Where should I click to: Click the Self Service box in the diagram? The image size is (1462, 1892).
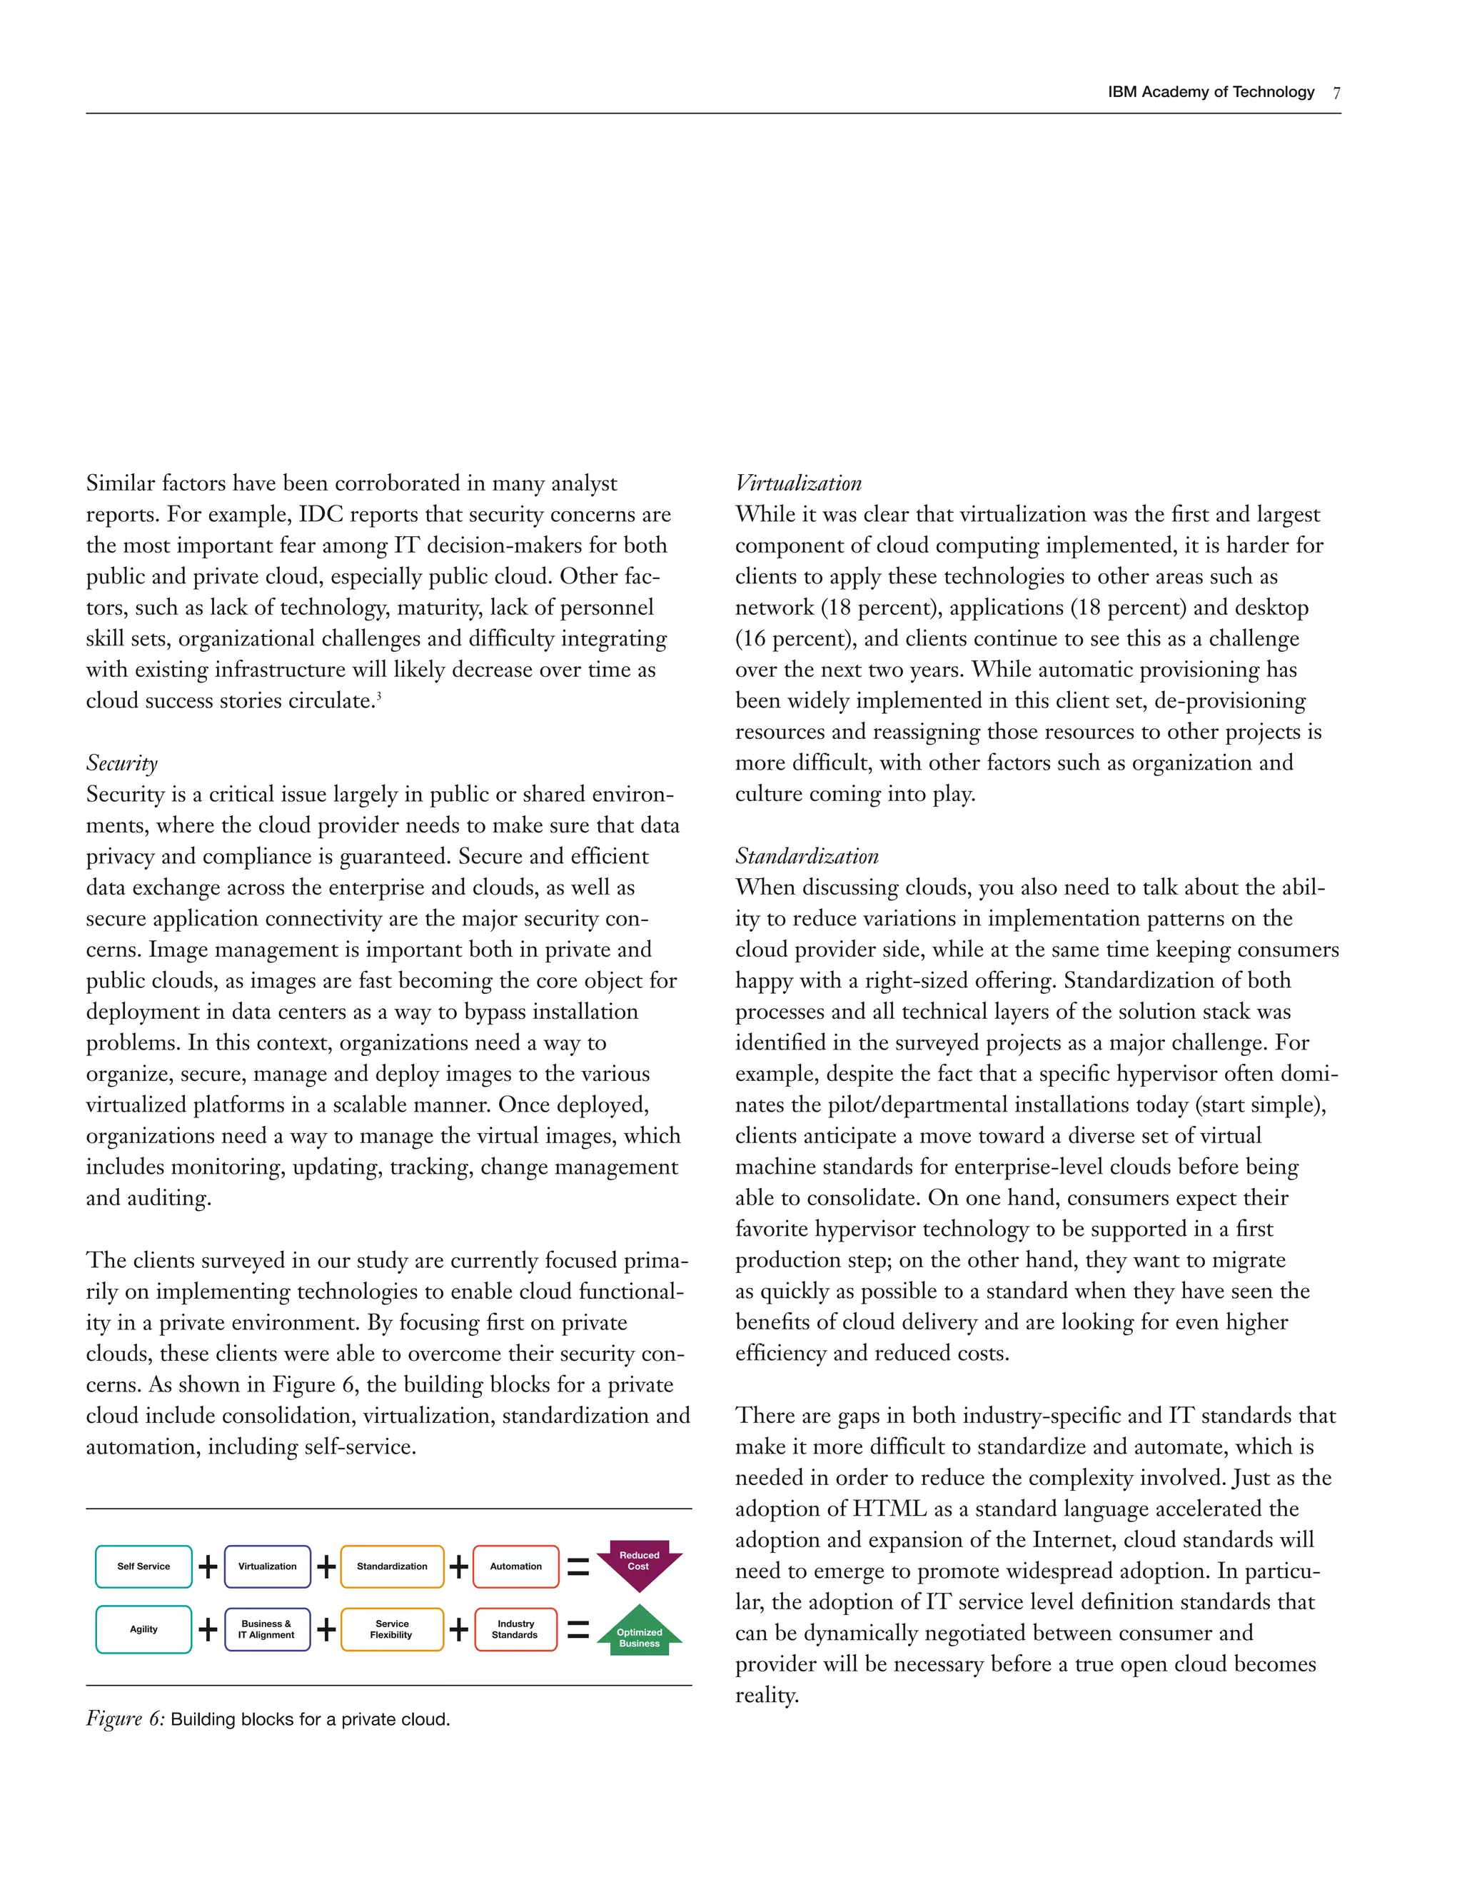click(x=143, y=1566)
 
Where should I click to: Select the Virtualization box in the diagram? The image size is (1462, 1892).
click(x=268, y=1566)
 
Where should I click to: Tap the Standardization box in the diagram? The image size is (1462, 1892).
click(x=393, y=1566)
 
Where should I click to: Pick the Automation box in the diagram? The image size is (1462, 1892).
click(x=516, y=1566)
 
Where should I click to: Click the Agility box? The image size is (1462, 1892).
click(x=143, y=1629)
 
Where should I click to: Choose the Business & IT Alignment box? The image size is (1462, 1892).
click(x=267, y=1629)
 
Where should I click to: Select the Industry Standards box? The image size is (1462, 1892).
click(x=516, y=1629)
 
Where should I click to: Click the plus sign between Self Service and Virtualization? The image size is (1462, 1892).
click(x=208, y=1566)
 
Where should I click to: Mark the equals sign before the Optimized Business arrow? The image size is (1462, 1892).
click(x=578, y=1631)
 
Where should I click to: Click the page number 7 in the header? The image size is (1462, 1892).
click(x=1336, y=94)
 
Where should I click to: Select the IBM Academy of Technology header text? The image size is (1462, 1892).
click(x=1211, y=93)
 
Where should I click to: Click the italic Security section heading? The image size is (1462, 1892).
click(x=122, y=763)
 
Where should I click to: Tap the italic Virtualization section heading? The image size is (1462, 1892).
click(x=799, y=483)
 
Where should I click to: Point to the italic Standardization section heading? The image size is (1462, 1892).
click(x=807, y=857)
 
